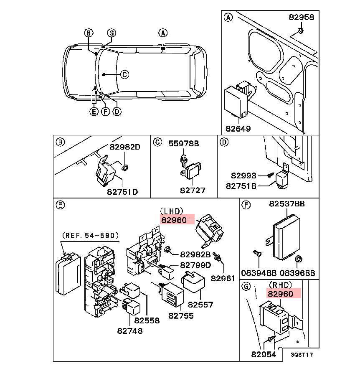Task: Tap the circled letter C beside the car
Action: pos(124,74)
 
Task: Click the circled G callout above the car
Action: pos(111,33)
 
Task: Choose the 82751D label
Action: pos(122,192)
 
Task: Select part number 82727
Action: pos(193,190)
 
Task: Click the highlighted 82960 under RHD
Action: pos(284,294)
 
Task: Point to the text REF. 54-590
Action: pos(90,236)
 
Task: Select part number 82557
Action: pos(200,305)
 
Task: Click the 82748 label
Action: pos(129,331)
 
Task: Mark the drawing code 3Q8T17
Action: pos(302,355)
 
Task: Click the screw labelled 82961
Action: pos(217,255)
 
